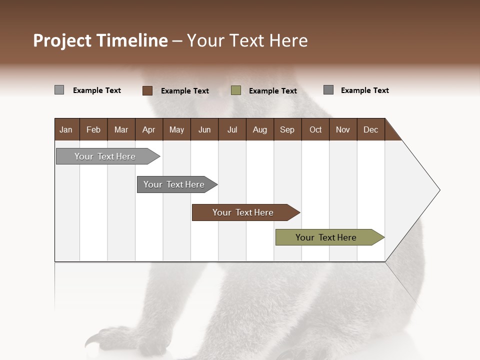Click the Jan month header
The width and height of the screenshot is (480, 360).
click(66, 129)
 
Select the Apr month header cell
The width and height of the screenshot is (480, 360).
click(148, 129)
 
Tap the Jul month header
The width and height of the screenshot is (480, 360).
click(232, 129)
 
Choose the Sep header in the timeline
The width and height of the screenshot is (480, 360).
click(287, 129)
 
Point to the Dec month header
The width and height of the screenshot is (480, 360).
click(370, 129)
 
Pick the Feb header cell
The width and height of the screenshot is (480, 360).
click(93, 129)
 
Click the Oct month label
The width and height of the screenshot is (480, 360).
click(315, 129)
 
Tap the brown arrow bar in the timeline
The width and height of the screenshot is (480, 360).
click(243, 212)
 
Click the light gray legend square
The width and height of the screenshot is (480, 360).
click(59, 90)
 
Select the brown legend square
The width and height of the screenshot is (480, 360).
click(147, 90)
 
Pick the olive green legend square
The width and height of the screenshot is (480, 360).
click(236, 90)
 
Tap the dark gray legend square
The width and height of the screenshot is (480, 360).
click(328, 90)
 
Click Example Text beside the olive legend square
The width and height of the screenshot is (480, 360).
click(272, 91)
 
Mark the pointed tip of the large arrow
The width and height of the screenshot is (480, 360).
click(439, 190)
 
